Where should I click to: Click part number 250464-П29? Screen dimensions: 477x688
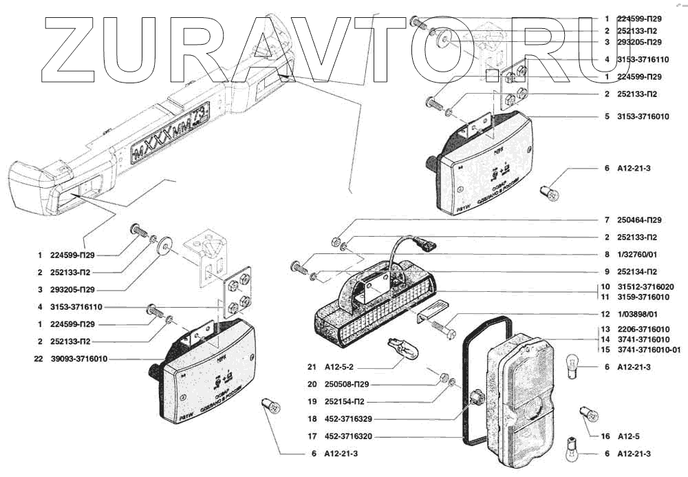[640, 220]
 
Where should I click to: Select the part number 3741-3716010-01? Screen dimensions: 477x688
[648, 349]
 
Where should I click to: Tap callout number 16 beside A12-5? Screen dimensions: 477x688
[605, 436]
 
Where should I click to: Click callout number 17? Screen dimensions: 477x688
[312, 436]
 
